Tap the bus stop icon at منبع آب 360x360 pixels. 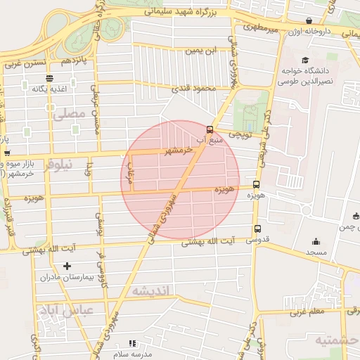coord(210,129)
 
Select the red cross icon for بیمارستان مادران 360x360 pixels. coord(67,266)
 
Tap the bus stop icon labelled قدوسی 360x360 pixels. coord(257,229)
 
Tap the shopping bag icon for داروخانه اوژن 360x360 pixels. coord(309,20)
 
